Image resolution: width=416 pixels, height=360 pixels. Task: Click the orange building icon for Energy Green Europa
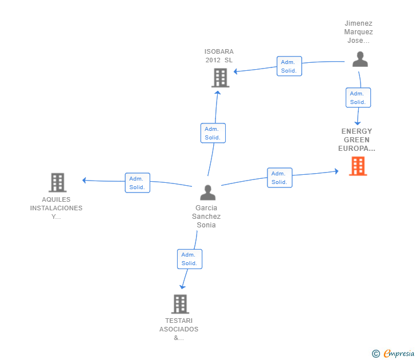pyautogui.click(x=358, y=166)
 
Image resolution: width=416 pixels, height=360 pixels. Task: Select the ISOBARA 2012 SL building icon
pyautogui.click(x=220, y=78)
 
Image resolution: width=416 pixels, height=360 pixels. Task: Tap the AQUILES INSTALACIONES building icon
pyautogui.click(x=58, y=182)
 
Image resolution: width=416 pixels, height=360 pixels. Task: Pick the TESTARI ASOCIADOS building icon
pyautogui.click(x=180, y=304)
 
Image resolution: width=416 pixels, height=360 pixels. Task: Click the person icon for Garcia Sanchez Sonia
pyautogui.click(x=208, y=193)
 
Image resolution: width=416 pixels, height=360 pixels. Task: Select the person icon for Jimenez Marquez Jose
pyautogui.click(x=360, y=59)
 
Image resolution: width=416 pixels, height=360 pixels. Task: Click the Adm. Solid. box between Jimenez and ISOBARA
pyautogui.click(x=289, y=66)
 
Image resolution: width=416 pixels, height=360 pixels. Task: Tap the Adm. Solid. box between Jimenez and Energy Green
pyautogui.click(x=358, y=98)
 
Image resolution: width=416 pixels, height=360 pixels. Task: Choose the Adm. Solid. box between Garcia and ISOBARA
pyautogui.click(x=213, y=133)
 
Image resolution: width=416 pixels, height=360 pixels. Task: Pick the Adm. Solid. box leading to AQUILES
pyautogui.click(x=137, y=183)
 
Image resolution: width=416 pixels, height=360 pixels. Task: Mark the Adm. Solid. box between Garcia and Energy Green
pyautogui.click(x=279, y=178)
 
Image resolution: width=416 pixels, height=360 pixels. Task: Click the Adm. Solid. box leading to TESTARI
pyautogui.click(x=190, y=259)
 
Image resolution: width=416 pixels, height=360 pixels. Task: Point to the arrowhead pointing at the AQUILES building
pyautogui.click(x=84, y=181)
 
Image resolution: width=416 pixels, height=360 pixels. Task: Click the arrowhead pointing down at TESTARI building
pyautogui.click(x=182, y=287)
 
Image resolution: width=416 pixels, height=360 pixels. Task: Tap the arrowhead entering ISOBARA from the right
pyautogui.click(x=235, y=71)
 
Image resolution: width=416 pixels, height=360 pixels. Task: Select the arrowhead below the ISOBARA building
pyautogui.click(x=218, y=93)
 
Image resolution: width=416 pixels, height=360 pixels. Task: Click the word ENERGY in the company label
pyautogui.click(x=357, y=131)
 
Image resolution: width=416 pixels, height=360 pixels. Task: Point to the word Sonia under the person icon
pyautogui.click(x=206, y=225)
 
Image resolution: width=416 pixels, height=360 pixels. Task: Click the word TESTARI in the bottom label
pyautogui.click(x=179, y=321)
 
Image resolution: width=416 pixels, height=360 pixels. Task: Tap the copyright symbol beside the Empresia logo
pyautogui.click(x=375, y=354)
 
